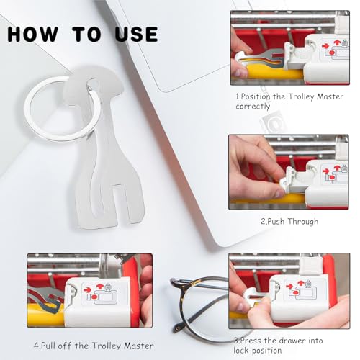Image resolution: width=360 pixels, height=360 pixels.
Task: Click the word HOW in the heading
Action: click(x=33, y=35)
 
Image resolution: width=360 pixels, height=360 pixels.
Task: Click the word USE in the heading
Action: click(x=136, y=35)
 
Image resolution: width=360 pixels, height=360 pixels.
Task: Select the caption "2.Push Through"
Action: click(x=289, y=221)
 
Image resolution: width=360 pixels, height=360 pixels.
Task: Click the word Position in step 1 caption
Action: click(x=255, y=96)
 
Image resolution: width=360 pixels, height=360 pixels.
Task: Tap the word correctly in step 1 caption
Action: click(x=253, y=107)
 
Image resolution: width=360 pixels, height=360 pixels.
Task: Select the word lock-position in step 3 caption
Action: click(x=258, y=351)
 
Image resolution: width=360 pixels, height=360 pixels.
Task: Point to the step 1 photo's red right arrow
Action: click(x=325, y=45)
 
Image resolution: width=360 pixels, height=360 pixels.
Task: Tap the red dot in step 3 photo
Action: click(x=295, y=293)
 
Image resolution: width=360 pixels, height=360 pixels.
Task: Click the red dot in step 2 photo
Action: click(x=332, y=178)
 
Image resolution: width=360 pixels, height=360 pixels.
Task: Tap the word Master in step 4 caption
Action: click(x=139, y=346)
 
